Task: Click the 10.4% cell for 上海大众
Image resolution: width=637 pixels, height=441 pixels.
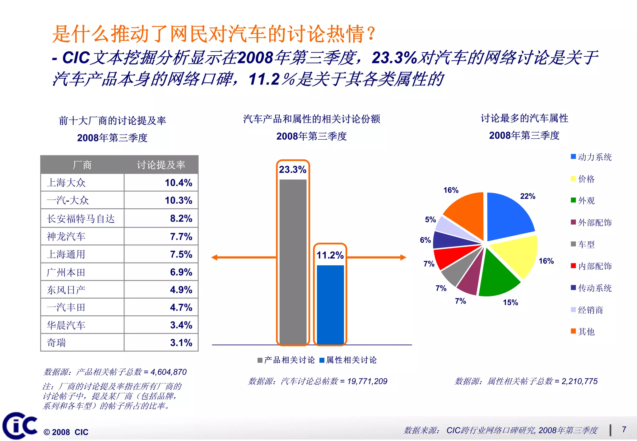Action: click(178, 183)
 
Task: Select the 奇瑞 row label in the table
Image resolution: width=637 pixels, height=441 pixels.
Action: click(56, 343)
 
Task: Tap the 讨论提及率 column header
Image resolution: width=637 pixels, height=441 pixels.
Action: click(161, 165)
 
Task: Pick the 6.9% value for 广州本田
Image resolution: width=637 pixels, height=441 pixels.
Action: click(181, 272)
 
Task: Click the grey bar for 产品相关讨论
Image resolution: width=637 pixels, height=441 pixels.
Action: click(293, 261)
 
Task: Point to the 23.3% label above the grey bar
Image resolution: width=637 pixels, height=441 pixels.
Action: click(292, 169)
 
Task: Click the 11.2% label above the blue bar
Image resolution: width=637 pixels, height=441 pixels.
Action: click(330, 255)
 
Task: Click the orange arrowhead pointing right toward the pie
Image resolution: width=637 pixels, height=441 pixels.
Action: click(403, 257)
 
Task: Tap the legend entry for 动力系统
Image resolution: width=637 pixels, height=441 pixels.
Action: click(591, 157)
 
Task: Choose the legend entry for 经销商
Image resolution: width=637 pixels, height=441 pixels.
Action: click(587, 310)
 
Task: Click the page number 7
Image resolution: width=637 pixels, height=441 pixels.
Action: click(624, 429)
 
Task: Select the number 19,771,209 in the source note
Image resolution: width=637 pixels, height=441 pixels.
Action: click(367, 381)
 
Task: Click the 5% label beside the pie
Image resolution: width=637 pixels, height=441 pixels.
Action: click(430, 220)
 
